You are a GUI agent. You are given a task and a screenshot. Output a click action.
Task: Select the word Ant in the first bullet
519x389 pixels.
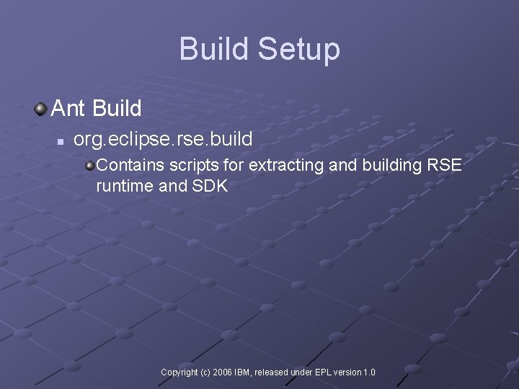click(68, 109)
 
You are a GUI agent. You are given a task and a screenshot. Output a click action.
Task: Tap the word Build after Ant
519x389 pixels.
click(117, 109)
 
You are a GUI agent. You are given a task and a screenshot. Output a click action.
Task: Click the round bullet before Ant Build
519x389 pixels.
click(40, 109)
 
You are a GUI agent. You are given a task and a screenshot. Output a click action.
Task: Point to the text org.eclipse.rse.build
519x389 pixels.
click(163, 138)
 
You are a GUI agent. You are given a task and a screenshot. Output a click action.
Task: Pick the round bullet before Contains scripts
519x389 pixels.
click(89, 166)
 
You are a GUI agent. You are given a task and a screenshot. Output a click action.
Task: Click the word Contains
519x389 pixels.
click(127, 165)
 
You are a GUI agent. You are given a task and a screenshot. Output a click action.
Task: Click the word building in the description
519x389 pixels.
click(386, 166)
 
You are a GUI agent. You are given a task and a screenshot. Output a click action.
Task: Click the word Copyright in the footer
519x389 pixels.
click(179, 372)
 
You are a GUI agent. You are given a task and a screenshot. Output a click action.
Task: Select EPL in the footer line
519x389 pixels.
click(322, 372)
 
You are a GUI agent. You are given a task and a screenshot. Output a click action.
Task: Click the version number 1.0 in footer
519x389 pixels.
click(369, 372)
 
